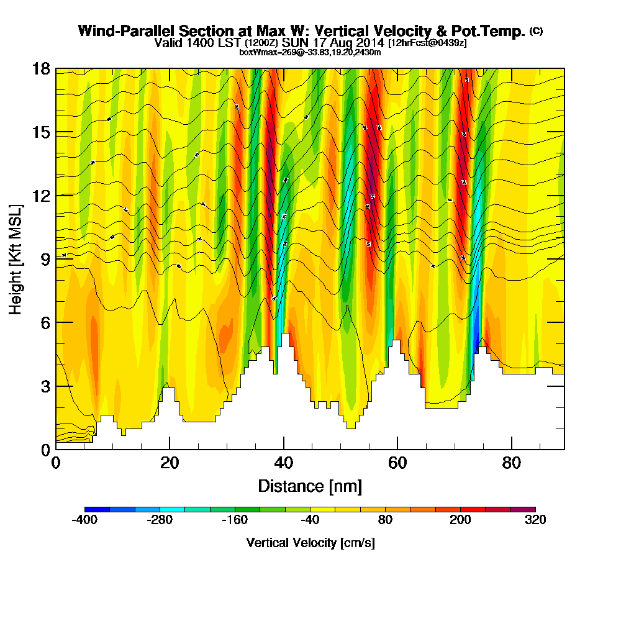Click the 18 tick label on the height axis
pos(40,69)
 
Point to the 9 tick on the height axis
pos(56,259)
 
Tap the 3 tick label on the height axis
pos(44,386)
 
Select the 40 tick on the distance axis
pos(284,448)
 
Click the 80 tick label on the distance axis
pos(511,463)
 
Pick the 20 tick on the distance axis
pos(170,448)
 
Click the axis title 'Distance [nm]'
pos(310,486)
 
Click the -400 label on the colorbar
pos(84,520)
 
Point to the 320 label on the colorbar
pos(535,520)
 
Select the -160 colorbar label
pos(235,520)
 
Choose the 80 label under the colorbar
pos(385,520)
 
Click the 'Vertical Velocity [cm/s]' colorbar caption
pos(310,543)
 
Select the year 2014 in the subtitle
pos(369,43)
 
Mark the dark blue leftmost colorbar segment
pos(97,509)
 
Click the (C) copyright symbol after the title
pos(536,30)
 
